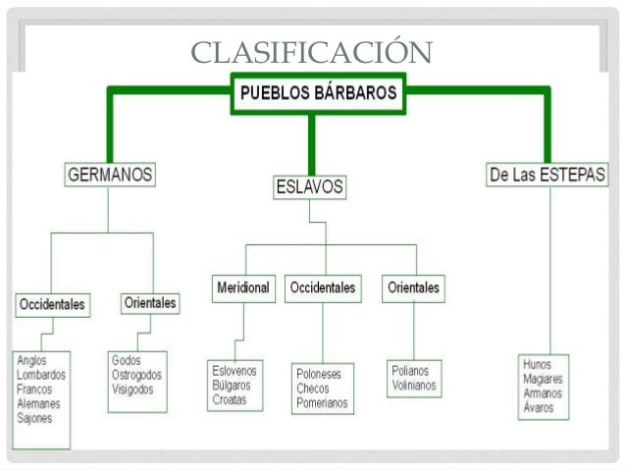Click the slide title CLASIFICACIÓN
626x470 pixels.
click(x=313, y=51)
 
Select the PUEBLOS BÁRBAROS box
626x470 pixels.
click(x=315, y=93)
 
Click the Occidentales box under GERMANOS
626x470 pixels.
click(x=52, y=304)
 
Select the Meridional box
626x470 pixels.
click(x=243, y=288)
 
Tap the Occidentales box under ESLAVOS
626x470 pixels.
click(x=322, y=288)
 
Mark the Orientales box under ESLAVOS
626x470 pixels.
click(x=413, y=288)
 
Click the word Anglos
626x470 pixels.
click(x=31, y=360)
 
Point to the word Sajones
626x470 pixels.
click(x=35, y=417)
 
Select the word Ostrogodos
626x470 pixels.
click(x=137, y=375)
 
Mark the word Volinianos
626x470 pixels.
click(x=414, y=387)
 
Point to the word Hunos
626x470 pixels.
click(x=538, y=363)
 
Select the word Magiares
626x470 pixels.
click(x=544, y=378)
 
